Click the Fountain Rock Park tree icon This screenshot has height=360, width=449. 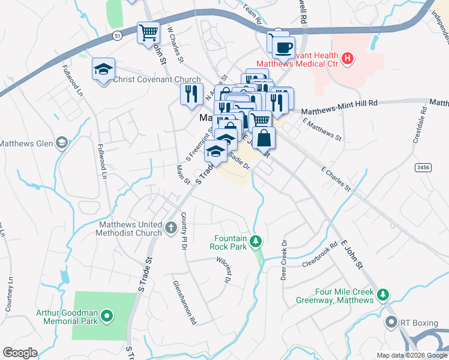coord(256,241)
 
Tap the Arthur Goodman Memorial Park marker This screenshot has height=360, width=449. coord(107,314)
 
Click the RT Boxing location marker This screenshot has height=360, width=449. coord(392,323)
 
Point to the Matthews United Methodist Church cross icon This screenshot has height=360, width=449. coord(171,227)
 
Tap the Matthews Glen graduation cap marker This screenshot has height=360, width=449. coord(61,143)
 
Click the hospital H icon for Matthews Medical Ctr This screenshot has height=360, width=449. coord(346,58)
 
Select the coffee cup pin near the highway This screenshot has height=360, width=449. coord(283,47)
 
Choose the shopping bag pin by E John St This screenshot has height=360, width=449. coord(264,137)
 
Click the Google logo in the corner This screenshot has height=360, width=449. coord(20,353)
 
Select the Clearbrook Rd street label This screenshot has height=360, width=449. coord(321,255)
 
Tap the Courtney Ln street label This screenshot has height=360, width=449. coord(9,294)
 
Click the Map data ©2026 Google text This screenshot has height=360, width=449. coord(411,355)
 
